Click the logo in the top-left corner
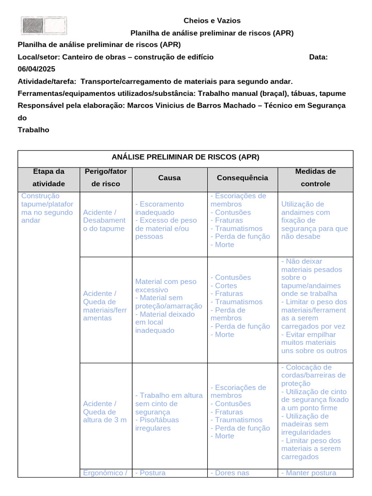point(44,26)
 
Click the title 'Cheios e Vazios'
point(212,20)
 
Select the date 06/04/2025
point(37,69)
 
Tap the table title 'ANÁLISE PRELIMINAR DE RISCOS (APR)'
point(186,157)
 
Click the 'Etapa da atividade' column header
point(48,178)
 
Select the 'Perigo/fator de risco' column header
point(105,178)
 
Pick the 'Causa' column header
point(170,178)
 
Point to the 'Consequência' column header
point(242,178)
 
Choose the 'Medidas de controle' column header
point(315,178)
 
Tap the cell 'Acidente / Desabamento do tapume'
point(104,220)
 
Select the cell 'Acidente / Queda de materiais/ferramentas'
point(105,306)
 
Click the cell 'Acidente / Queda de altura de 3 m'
point(105,411)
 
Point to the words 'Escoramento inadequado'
point(160,208)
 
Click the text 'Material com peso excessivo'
point(166,285)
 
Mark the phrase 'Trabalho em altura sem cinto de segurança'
point(169,403)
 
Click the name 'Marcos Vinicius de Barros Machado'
point(197,106)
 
